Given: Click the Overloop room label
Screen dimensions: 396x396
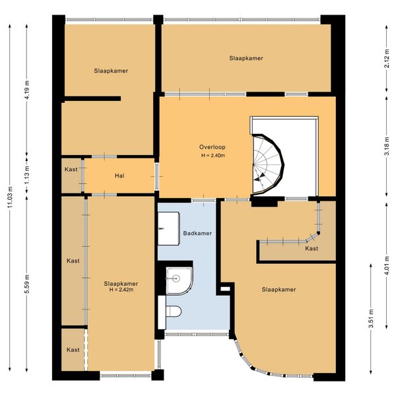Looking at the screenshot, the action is coord(212,147).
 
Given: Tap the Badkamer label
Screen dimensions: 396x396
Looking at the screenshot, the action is coord(197,233).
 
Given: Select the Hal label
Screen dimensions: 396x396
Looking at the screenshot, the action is coord(119,176).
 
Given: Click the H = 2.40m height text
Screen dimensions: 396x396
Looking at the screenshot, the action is coord(213,156).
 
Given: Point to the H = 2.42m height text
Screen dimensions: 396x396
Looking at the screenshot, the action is coord(121,290).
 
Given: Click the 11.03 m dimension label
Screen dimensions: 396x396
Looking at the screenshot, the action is coord(10,197).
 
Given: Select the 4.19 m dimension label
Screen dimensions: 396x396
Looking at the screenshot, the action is coord(27,90).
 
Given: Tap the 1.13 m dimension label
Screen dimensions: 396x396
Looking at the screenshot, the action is coord(27,175).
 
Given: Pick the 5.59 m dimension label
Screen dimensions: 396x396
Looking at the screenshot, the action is coord(27,284).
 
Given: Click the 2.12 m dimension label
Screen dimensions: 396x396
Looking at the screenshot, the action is coord(387,58).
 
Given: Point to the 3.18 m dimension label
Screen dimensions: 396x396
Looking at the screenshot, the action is coord(387,147).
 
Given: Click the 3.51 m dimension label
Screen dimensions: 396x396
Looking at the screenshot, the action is coord(371,319).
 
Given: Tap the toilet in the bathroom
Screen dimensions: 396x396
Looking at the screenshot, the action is coord(173,311).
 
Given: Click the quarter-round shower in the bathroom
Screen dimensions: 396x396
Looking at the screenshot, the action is coord(180,280).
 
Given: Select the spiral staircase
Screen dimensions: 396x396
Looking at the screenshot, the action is coord(268,164).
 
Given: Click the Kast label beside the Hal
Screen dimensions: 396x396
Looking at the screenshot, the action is coord(71,169).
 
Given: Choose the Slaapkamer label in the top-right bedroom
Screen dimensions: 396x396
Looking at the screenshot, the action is coord(246,58).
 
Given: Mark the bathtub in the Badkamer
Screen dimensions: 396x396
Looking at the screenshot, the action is coord(168,228).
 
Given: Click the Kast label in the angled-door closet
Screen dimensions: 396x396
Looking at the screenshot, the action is coord(312,249).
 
